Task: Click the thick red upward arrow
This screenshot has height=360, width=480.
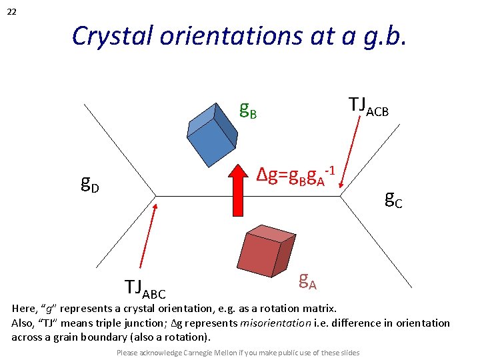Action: click(x=237, y=189)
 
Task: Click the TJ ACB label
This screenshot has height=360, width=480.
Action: click(x=368, y=105)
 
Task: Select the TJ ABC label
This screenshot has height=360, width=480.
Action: click(x=145, y=288)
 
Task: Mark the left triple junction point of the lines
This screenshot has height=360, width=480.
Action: click(x=156, y=196)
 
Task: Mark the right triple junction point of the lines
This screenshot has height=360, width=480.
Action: click(x=341, y=196)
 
